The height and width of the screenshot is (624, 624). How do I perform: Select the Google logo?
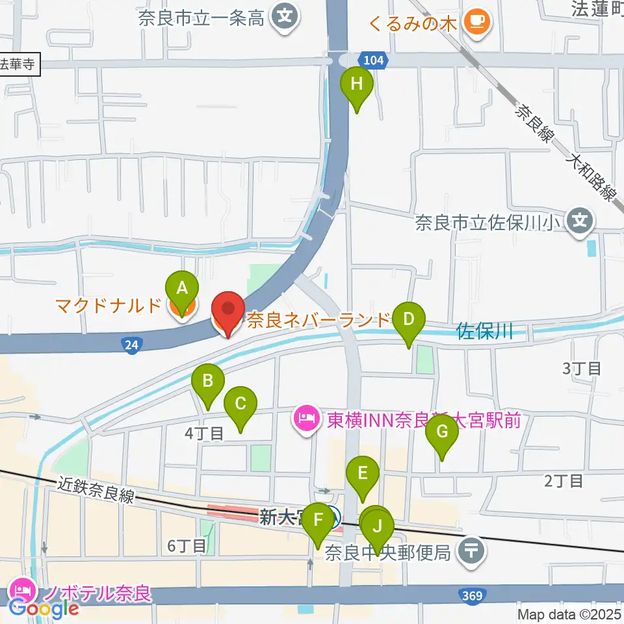[44, 609]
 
